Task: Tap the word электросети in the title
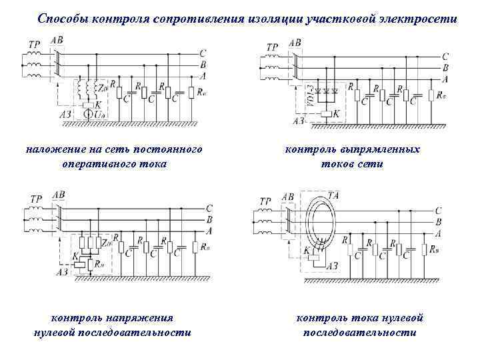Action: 422,19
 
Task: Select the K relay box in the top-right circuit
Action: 326,115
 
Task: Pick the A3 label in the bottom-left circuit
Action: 62,272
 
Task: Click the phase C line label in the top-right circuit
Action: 445,57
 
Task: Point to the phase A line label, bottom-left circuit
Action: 210,230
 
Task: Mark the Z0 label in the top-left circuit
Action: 103,87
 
